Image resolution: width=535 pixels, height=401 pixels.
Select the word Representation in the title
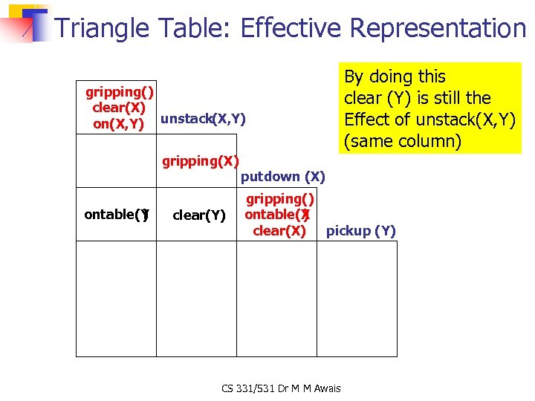[438, 28]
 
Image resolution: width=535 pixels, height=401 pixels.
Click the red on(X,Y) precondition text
[118, 124]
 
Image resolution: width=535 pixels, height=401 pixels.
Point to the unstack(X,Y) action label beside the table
[203, 118]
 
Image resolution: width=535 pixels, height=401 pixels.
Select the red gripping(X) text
[201, 161]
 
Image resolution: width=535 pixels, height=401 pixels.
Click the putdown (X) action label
[283, 177]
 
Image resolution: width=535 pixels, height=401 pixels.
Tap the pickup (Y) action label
[361, 231]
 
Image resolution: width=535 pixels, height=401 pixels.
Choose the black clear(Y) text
[198, 215]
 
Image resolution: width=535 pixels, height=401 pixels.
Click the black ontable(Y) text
[117, 215]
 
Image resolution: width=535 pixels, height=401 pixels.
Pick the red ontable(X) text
[277, 215]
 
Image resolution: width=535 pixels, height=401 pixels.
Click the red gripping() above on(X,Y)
[120, 92]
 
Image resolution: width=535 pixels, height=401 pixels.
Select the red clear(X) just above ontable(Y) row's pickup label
[279, 231]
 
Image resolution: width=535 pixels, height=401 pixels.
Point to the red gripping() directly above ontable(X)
[280, 199]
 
